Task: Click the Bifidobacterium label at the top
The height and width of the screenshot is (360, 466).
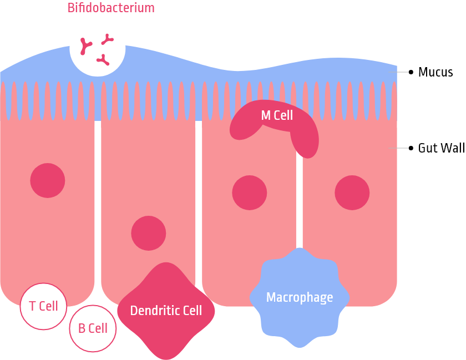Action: pos(111,8)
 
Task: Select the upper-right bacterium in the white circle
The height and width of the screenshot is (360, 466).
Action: pos(108,39)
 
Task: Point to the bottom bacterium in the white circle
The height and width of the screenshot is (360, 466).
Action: pos(103,60)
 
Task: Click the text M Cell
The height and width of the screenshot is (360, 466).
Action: pos(277,116)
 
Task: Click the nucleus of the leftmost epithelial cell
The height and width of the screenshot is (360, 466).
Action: pos(48,180)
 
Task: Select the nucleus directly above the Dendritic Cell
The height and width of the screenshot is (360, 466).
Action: pos(149,233)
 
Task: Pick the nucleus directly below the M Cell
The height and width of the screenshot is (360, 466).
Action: pos(250,192)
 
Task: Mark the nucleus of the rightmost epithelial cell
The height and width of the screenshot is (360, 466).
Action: pos(352,192)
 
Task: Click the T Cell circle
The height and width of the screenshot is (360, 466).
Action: pos(43,306)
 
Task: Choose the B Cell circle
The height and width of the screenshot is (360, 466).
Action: pos(93,328)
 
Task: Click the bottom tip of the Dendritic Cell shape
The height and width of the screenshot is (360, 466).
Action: pos(166,356)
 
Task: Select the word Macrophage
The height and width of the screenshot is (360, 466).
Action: pos(300,297)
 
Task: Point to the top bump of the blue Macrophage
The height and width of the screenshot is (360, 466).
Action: pos(300,251)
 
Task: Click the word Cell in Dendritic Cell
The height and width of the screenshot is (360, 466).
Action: pos(191,311)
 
